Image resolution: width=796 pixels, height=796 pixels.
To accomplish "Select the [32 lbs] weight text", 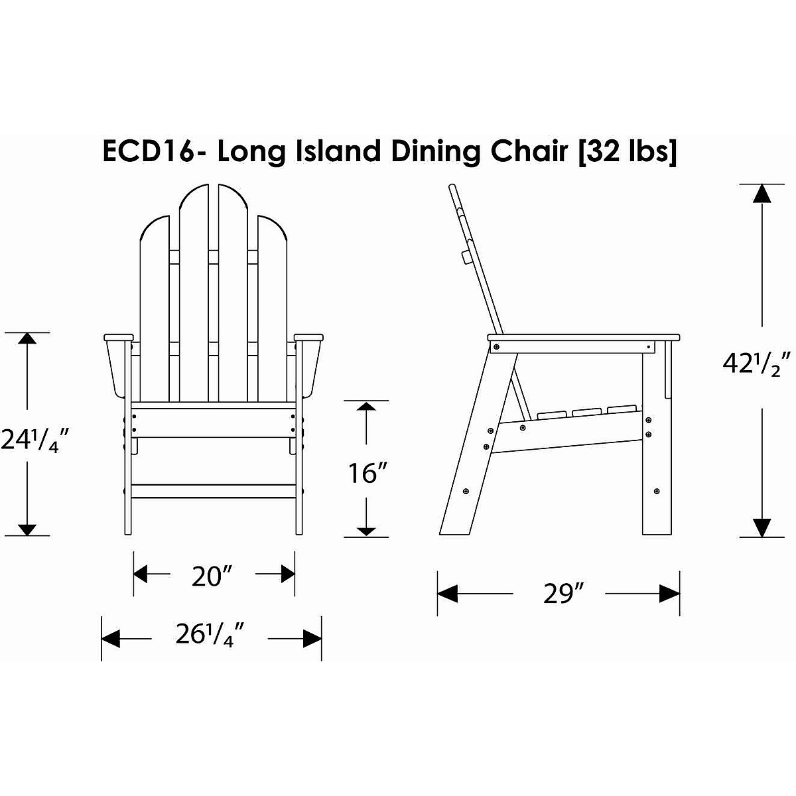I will (x=628, y=152).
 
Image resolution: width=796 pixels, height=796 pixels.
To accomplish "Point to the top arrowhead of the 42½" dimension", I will (x=762, y=193).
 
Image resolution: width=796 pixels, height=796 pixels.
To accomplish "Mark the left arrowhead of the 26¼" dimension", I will (x=110, y=638).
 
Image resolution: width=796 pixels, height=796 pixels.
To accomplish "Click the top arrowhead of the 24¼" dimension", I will (x=27, y=338).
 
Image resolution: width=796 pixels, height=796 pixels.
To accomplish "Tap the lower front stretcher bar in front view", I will (x=214, y=491).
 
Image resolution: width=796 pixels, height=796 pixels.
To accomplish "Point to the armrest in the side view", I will (x=584, y=337).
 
